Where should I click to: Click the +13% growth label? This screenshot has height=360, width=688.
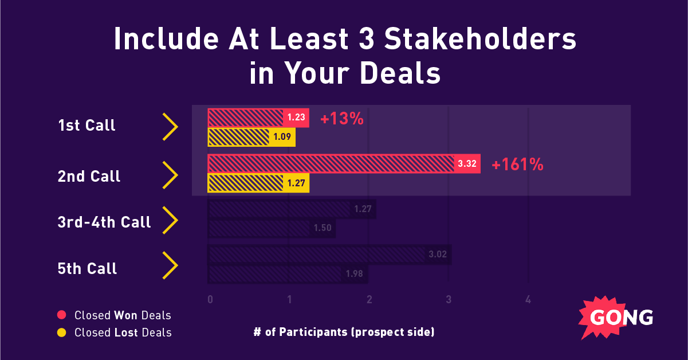(342, 119)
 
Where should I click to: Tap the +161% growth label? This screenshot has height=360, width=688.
(517, 165)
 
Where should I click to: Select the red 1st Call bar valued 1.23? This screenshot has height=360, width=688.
(258, 118)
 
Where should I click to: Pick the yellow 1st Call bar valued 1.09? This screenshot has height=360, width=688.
(251, 138)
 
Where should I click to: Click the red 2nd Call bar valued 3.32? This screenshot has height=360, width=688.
(344, 164)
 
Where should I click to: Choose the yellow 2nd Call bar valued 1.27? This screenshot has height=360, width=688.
(258, 183)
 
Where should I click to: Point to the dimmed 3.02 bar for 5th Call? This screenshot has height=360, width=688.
(329, 255)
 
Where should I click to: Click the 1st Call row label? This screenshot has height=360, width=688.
(87, 126)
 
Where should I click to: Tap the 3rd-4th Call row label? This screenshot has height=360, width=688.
(104, 222)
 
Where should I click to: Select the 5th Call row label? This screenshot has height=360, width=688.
(87, 268)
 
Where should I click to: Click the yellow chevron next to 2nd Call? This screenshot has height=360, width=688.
(171, 175)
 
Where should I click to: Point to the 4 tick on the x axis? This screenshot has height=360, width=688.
(528, 299)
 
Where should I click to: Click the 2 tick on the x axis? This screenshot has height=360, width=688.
(369, 299)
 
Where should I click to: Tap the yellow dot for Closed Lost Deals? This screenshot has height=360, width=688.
(62, 332)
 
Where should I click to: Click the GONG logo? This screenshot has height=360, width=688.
(613, 318)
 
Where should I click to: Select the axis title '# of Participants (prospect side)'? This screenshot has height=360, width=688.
(344, 332)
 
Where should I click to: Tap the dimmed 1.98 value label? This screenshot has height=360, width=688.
(354, 274)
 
